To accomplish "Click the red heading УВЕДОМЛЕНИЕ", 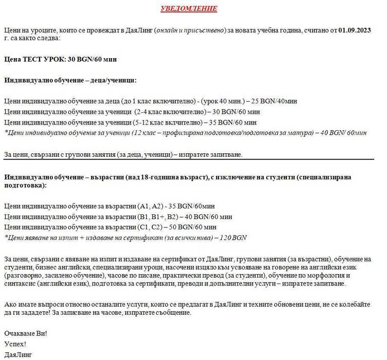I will point(189,9).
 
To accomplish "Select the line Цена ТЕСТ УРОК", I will point(61,59).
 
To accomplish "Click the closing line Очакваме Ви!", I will point(26,333).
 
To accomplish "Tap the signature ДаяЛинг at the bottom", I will point(18,354).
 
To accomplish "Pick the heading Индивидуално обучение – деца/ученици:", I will point(70,80).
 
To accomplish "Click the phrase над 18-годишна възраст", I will point(168,177).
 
